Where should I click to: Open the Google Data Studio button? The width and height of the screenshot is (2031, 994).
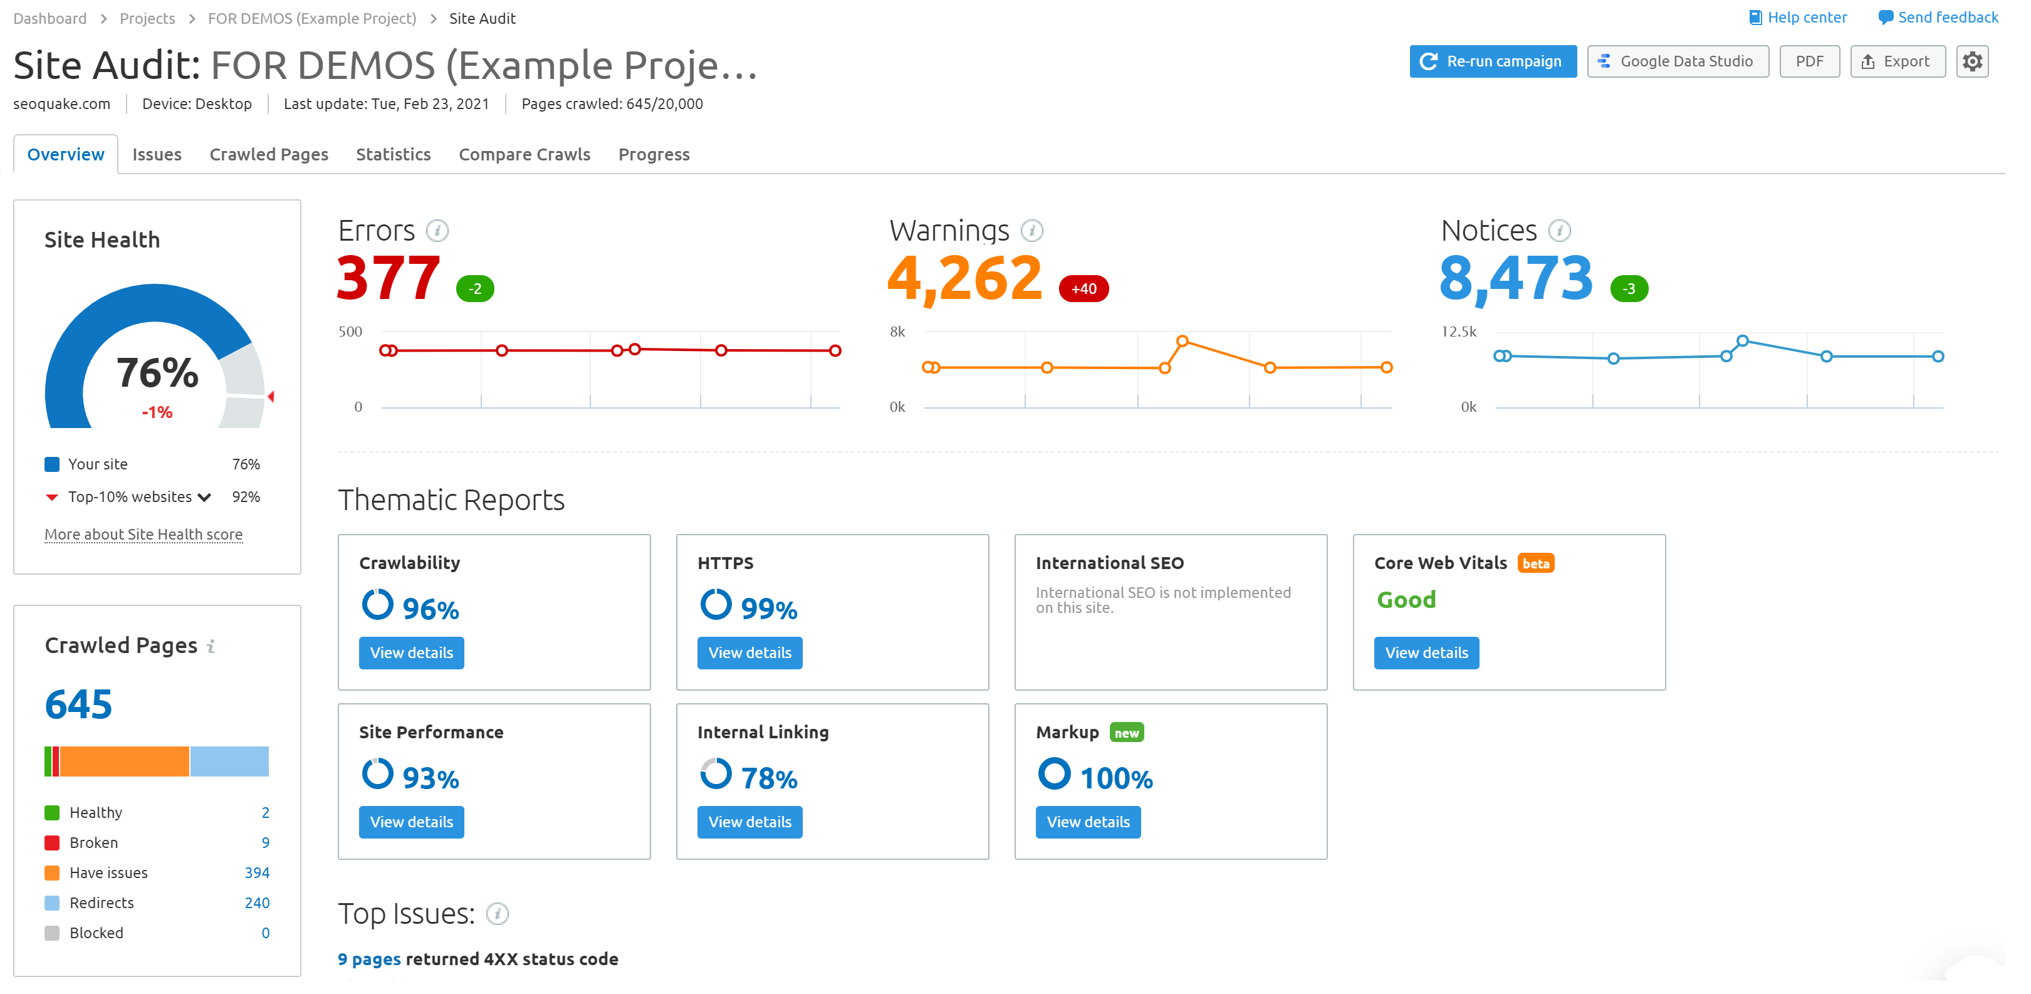1677,61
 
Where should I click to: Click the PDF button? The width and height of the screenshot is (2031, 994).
1809,61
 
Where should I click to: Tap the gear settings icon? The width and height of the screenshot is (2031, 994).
1972,61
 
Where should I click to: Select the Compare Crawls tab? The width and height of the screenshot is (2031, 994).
525,155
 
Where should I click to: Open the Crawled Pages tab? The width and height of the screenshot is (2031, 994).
269,155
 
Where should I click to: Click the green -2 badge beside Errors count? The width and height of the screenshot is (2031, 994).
474,288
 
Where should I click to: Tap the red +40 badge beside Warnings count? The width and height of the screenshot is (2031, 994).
1083,288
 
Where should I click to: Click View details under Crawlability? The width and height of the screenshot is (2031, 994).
410,652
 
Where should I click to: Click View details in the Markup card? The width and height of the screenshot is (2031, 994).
1087,822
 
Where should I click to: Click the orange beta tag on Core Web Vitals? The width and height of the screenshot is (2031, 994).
1535,563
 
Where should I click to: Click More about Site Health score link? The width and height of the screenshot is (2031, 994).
144,535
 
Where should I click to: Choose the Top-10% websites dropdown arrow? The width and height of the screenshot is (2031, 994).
205,498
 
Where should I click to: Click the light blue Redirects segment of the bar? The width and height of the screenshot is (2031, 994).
229,761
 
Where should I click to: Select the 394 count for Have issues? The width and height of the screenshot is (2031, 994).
257,872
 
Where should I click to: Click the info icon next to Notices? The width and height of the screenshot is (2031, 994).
1558,231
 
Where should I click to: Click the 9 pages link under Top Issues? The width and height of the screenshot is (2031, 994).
369,960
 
